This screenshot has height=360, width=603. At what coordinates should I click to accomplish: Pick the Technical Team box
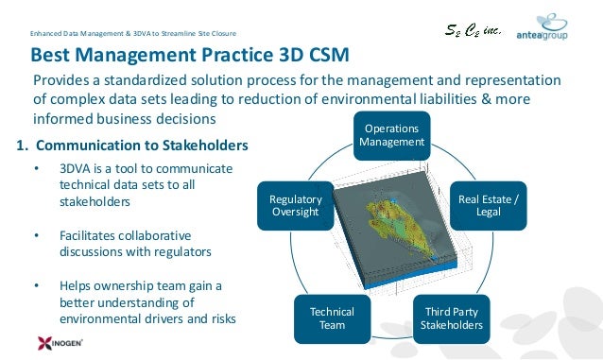[x=332, y=318]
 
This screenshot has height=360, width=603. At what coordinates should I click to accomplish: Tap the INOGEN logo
[x=41, y=342]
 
